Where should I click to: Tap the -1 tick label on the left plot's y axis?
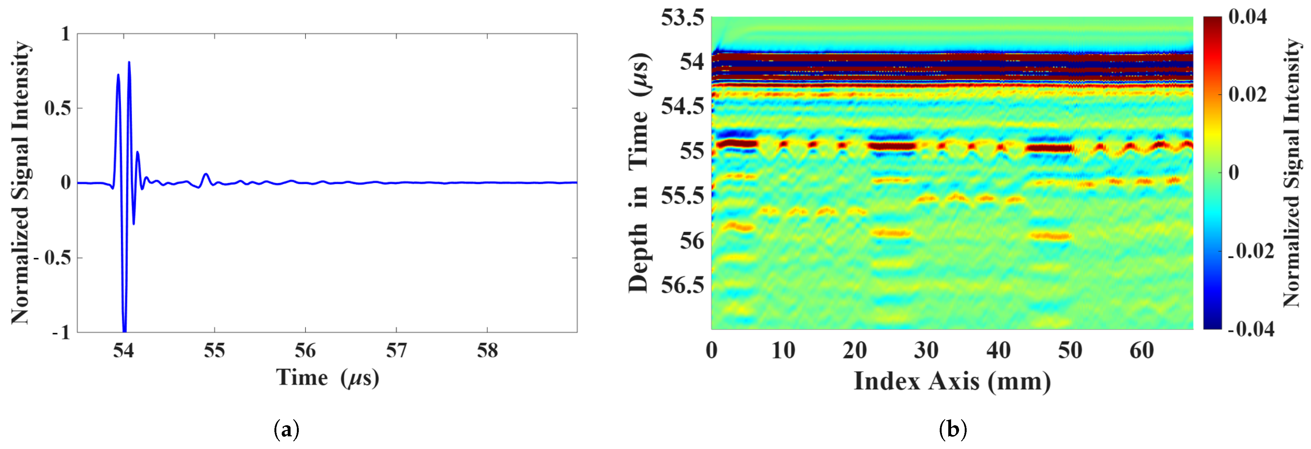[x=61, y=333]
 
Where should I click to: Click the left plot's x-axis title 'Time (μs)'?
[x=328, y=378]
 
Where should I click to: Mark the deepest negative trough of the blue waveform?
[x=124, y=331]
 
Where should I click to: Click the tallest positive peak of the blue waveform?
[x=129, y=63]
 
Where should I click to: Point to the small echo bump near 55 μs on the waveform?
[x=206, y=174]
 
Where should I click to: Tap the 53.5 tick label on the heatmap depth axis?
[x=682, y=17]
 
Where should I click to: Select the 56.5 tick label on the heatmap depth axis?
[x=682, y=285]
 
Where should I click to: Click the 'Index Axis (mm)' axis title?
[x=952, y=381]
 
